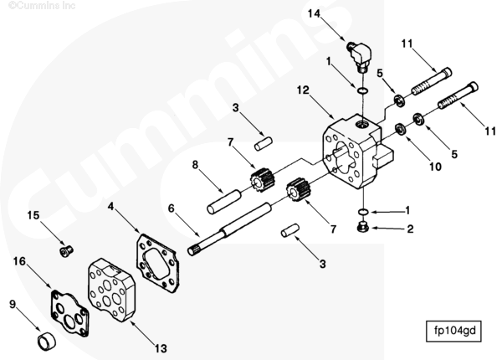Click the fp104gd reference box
453,331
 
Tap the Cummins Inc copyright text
42,6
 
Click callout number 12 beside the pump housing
303,90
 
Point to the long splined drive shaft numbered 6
229,229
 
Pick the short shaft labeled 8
223,202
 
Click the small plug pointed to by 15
67,251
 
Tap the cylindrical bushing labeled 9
47,342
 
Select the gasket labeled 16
69,314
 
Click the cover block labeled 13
111,291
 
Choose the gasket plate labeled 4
157,263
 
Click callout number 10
435,167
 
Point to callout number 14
314,13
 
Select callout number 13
161,348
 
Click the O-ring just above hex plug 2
363,212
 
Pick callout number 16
19,261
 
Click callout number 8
195,165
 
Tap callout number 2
410,229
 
